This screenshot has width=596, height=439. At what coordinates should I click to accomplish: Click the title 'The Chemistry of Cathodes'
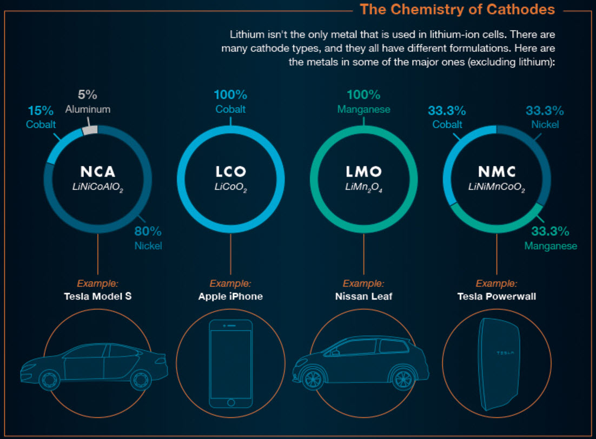[x=457, y=10]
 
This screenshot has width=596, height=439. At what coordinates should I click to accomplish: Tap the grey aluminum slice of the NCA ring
[x=91, y=130]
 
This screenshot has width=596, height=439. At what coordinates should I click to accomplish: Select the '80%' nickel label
[x=148, y=232]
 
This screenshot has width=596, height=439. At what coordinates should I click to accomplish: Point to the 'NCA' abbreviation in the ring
[x=98, y=172]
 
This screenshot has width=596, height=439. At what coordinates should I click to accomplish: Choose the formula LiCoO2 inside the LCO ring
[x=230, y=187]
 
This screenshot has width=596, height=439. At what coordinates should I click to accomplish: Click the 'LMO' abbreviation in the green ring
[x=363, y=172]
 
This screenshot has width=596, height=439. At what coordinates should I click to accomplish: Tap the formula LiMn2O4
[x=363, y=187]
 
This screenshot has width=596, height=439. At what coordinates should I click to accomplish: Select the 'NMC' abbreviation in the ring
[x=496, y=172]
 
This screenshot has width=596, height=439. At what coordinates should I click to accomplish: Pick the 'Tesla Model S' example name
[x=98, y=296]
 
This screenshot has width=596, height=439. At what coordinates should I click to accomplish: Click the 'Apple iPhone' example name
[x=230, y=296]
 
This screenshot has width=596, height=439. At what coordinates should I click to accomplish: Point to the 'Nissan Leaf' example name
[x=363, y=296]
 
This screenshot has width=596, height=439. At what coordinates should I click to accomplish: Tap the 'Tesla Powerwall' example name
[x=496, y=296]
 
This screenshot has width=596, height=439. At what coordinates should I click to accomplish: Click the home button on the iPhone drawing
[x=230, y=403]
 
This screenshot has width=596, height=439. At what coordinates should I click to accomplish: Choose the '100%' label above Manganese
[x=363, y=95]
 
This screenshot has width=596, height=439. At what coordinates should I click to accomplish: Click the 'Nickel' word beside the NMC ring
[x=545, y=125]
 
